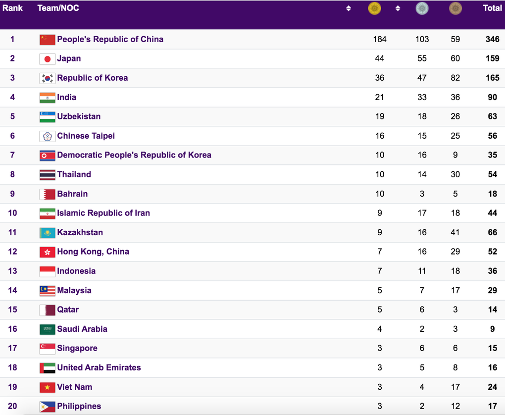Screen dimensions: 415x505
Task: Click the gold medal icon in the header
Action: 375,8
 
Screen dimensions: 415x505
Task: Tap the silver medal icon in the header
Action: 422,8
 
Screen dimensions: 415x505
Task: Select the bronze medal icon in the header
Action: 455,8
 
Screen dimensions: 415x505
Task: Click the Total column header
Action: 492,8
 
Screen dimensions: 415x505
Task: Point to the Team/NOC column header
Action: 58,8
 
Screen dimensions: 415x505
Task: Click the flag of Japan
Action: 48,59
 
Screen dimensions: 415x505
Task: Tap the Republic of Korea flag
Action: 48,78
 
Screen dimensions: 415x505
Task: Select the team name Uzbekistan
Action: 79,116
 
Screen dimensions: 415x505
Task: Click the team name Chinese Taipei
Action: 86,136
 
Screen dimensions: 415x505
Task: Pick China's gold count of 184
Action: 380,39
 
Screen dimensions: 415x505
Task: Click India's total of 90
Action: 492,97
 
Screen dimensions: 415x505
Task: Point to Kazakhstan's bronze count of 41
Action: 455,232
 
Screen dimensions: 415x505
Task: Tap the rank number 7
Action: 12,155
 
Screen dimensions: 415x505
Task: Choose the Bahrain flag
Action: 48,194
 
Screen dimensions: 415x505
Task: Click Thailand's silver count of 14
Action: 422,174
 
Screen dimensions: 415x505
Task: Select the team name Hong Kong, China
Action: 93,252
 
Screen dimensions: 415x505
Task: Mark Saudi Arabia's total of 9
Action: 492,329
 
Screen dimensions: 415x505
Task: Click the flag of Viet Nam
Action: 48,387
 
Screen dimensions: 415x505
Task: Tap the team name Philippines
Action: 79,406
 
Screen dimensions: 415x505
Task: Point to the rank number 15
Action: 12,310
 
